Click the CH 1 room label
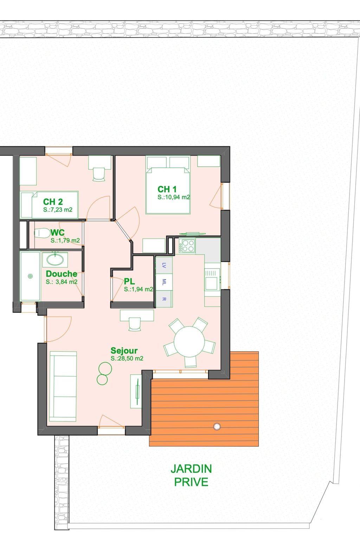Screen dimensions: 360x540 click(167, 189)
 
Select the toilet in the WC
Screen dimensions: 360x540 click(41, 233)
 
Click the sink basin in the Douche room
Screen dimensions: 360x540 click(55, 260)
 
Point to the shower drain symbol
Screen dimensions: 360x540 click(30, 276)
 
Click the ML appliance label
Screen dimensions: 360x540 click(164, 282)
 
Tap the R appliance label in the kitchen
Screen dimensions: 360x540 click(164, 299)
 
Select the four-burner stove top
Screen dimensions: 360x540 click(187, 245)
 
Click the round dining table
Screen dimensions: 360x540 click(189, 342)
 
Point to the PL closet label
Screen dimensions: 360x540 click(129, 281)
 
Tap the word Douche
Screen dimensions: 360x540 click(62, 274)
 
